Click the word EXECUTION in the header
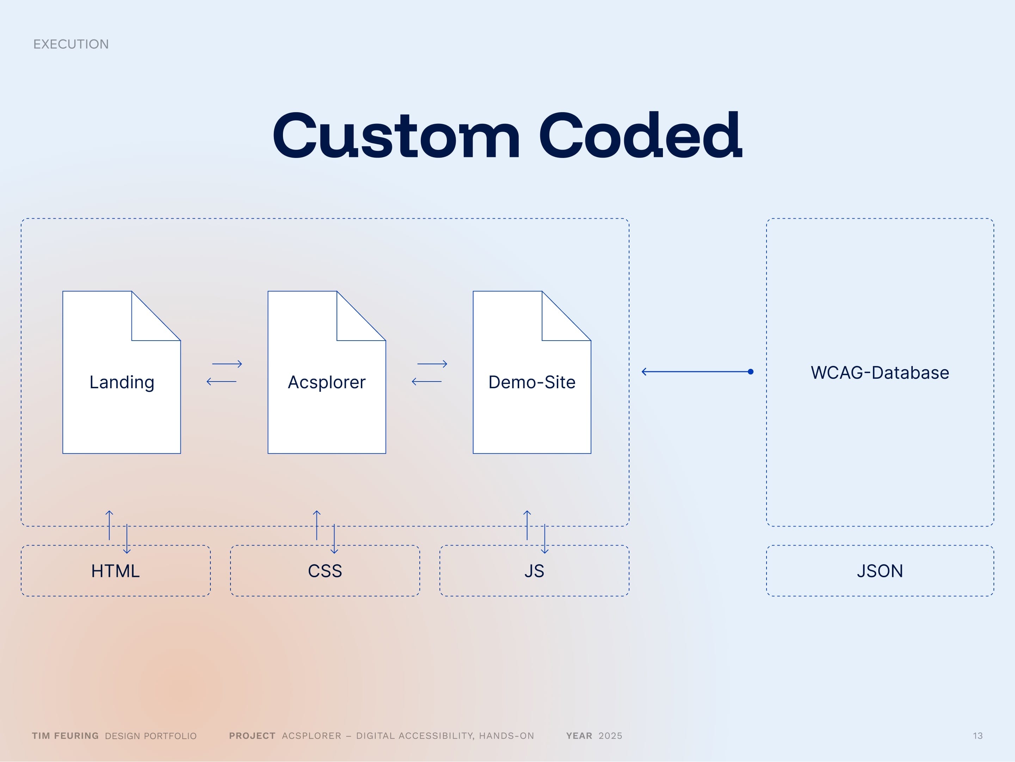click(71, 44)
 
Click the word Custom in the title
click(396, 136)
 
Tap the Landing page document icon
click(122, 372)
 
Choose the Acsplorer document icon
click(327, 372)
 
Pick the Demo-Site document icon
click(532, 372)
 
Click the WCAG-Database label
click(880, 373)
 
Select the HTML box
click(116, 571)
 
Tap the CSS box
click(325, 571)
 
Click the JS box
click(534, 571)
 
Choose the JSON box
click(880, 571)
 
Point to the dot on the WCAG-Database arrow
click(750, 372)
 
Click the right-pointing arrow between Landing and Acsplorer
click(227, 364)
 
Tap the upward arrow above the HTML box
click(109, 525)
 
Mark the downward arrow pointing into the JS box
click(545, 539)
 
